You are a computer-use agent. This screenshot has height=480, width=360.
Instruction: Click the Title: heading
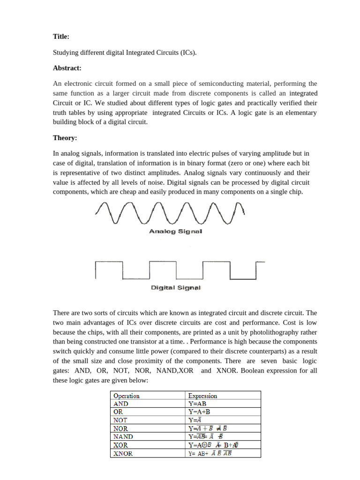click(x=61, y=36)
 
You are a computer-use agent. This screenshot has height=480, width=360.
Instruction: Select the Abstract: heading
click(x=67, y=68)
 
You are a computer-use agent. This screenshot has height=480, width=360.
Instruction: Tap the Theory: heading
click(x=65, y=138)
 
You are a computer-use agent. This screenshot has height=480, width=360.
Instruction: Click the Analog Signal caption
click(x=175, y=231)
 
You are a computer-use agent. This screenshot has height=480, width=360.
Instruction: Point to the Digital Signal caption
click(x=175, y=287)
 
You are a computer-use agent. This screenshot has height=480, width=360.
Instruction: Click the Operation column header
click(x=127, y=396)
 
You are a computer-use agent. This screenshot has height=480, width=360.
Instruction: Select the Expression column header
click(x=202, y=396)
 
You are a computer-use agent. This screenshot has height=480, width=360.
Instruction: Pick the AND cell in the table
click(x=121, y=404)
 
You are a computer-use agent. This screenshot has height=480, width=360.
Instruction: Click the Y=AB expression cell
click(x=197, y=404)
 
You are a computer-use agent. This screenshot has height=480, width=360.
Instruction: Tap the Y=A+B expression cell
click(x=199, y=412)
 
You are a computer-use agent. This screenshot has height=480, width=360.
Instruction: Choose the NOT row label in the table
click(x=120, y=420)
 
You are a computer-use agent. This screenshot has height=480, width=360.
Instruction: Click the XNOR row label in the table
click(x=123, y=453)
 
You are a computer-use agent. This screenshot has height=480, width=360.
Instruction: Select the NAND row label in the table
click(x=123, y=436)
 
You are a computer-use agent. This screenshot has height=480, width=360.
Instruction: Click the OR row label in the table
click(x=118, y=412)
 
